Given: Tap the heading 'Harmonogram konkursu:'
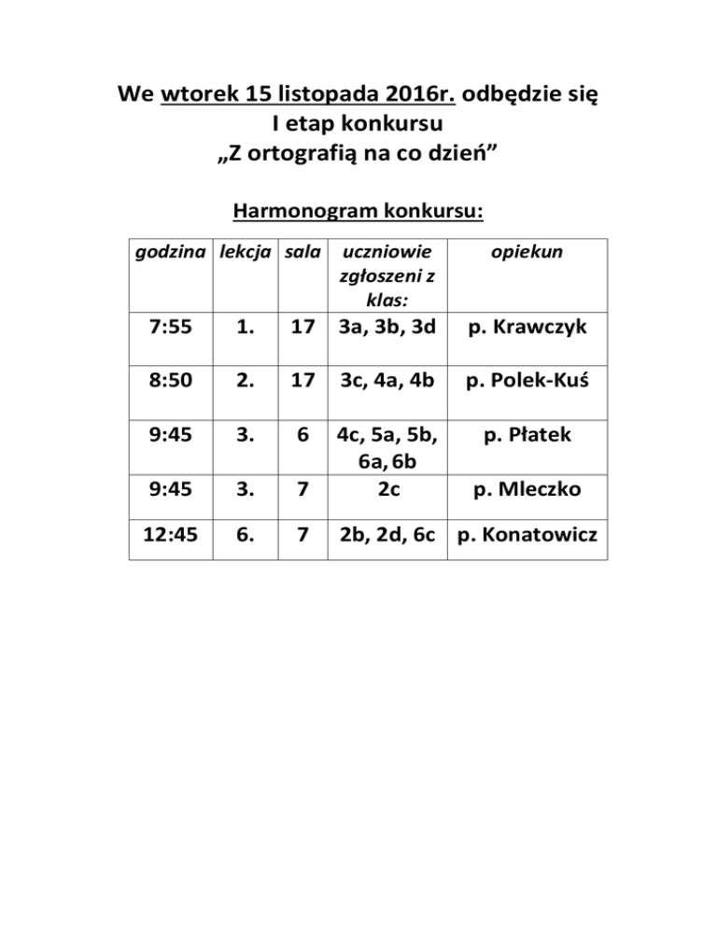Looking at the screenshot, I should click(x=358, y=212).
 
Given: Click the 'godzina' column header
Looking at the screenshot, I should click(x=171, y=252).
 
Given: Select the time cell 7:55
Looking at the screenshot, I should click(x=172, y=328).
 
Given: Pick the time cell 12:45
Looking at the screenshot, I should click(x=172, y=538).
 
